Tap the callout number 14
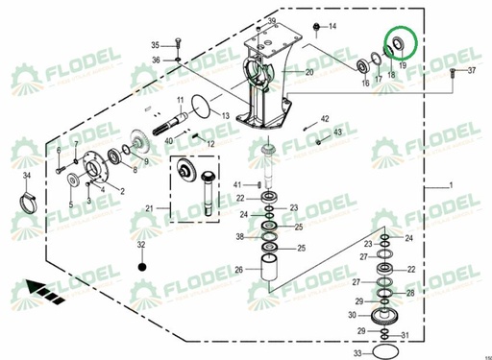click(332, 26)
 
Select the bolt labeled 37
click(453, 71)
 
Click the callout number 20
click(309, 72)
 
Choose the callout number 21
click(149, 208)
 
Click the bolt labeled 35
click(178, 43)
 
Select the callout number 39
click(271, 21)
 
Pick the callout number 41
click(237, 183)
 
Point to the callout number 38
click(240, 236)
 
